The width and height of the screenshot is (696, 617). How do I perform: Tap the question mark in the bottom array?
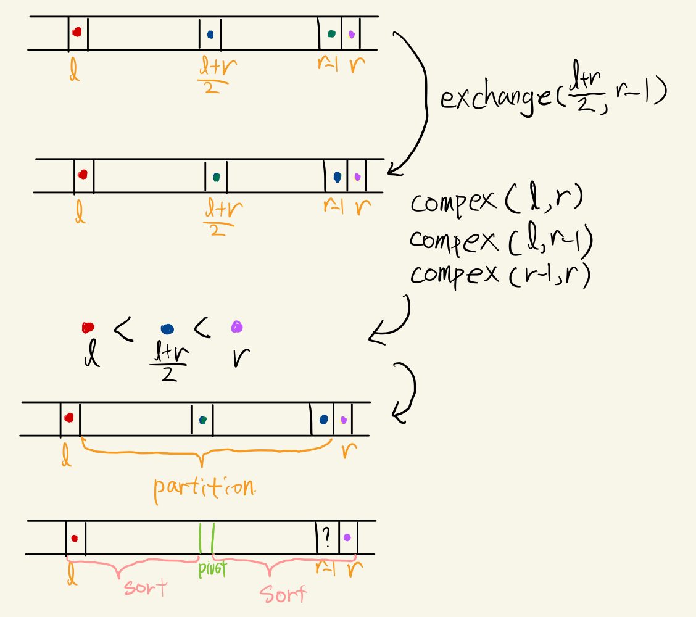(326, 540)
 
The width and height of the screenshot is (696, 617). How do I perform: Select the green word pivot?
(211, 569)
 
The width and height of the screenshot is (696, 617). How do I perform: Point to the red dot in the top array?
(77, 32)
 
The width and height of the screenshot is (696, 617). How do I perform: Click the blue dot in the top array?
(210, 35)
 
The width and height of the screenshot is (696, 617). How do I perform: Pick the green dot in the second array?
(216, 177)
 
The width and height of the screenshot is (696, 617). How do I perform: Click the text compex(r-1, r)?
(500, 273)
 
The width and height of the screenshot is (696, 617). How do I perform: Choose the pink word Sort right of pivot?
(283, 594)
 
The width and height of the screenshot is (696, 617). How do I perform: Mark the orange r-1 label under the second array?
(334, 206)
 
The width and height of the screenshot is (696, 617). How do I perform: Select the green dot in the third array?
(202, 420)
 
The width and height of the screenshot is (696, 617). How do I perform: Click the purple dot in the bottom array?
(348, 537)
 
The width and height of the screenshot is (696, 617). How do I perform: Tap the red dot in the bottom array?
(74, 538)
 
